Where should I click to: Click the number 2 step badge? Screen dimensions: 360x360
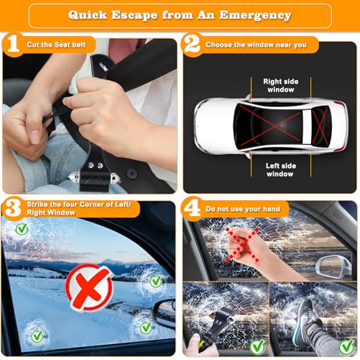[x=192, y=45]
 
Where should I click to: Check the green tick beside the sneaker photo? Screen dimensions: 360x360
[x=345, y=346]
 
